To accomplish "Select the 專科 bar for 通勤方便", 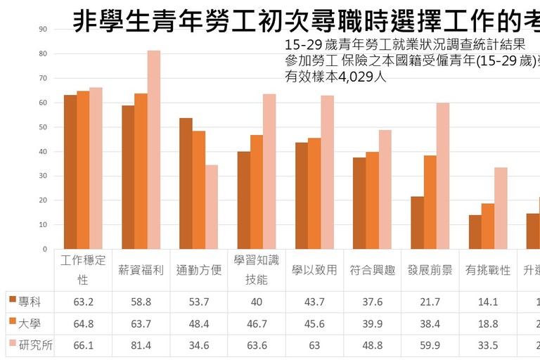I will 186,184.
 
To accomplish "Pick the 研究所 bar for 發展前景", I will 442,176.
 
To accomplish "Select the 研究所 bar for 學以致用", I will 327,172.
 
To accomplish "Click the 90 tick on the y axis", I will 43,30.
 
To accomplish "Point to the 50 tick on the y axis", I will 43,127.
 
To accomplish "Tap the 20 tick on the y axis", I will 43,200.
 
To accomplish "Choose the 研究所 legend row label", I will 34,345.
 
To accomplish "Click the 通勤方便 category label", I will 198,270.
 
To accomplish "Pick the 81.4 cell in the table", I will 141,345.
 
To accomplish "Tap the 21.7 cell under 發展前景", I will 430,302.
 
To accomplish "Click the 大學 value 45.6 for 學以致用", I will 314,323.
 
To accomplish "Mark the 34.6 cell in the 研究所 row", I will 198,345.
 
